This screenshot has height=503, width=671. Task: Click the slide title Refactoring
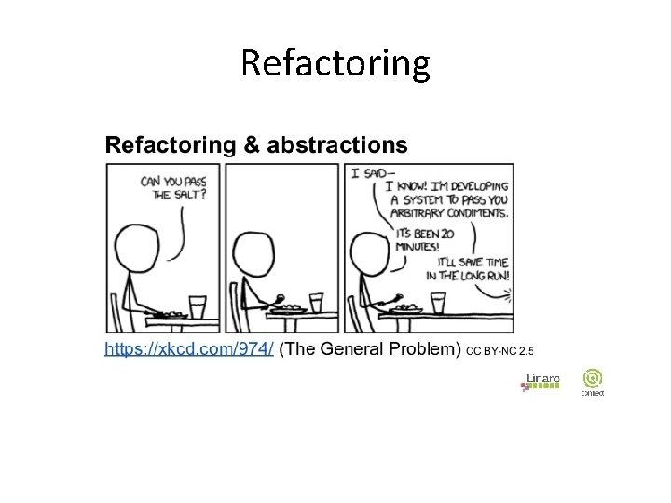click(x=335, y=63)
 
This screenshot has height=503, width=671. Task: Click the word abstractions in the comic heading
click(x=337, y=144)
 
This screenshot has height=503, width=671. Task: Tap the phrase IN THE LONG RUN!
click(x=452, y=276)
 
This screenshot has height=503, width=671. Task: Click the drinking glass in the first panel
click(x=197, y=306)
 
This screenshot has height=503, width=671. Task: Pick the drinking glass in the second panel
click(x=317, y=303)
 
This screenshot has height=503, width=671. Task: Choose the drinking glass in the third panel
click(x=437, y=304)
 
